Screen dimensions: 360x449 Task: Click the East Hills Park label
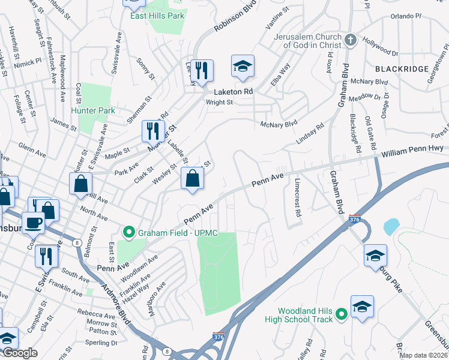(157, 16)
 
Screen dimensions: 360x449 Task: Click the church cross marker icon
(351, 41)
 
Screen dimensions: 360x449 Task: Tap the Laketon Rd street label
(234, 92)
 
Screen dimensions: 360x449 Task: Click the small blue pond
(391, 226)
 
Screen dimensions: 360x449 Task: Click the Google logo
(20, 353)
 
